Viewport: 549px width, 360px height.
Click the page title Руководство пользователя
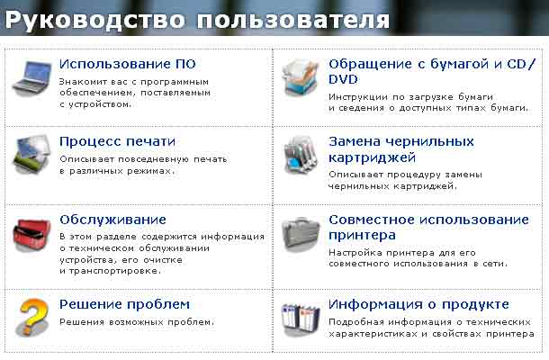click(x=197, y=20)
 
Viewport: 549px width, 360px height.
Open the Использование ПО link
click(x=128, y=64)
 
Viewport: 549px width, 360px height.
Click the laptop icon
click(x=32, y=77)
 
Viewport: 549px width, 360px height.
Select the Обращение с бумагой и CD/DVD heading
click(x=432, y=71)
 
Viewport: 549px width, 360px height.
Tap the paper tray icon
click(x=301, y=77)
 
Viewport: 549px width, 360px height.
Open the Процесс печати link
click(x=117, y=141)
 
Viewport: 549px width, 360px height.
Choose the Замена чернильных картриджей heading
click(x=401, y=149)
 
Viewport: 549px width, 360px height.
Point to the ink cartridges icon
click(x=301, y=155)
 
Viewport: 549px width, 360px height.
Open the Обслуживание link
click(x=112, y=220)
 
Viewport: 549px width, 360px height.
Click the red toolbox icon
click(x=31, y=233)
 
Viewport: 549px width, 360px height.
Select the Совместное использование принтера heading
click(x=428, y=228)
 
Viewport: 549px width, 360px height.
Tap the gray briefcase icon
click(x=301, y=232)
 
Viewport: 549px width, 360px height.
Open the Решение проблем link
click(x=124, y=304)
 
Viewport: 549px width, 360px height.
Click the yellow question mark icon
click(x=32, y=317)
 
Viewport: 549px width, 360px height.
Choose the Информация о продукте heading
click(x=418, y=304)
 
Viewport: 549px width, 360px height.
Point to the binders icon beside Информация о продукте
click(x=301, y=319)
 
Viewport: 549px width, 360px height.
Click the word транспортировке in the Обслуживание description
click(x=115, y=271)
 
